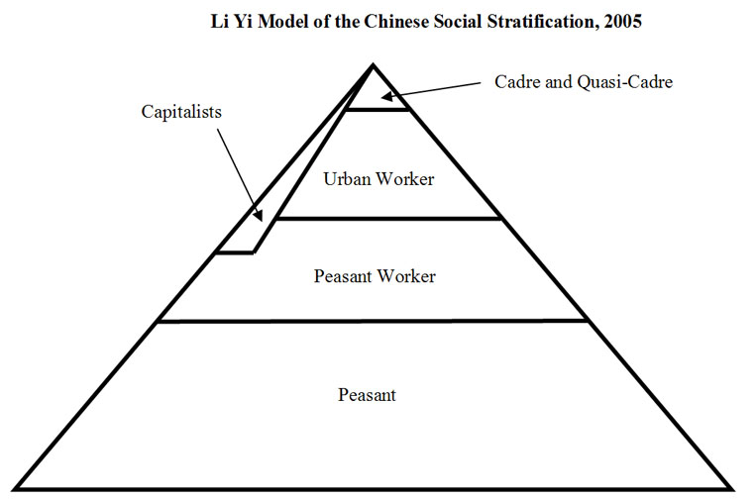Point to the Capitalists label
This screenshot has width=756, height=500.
point(181,112)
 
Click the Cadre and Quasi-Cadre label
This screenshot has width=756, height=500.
point(584,81)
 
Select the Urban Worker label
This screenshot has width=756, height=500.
point(379,180)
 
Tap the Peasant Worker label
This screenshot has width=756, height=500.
point(375,276)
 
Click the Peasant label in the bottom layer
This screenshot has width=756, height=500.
point(367,395)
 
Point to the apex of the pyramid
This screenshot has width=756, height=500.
point(373,65)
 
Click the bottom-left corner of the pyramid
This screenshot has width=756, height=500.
point(16,488)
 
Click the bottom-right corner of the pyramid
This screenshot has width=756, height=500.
point(732,488)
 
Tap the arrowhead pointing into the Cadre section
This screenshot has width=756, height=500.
point(390,97)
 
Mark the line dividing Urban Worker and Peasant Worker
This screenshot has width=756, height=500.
point(386,219)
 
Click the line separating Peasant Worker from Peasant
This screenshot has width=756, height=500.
point(373,321)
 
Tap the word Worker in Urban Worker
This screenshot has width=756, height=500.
point(409,180)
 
